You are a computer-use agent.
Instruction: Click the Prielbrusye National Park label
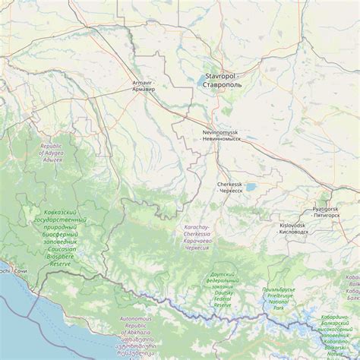278,298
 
